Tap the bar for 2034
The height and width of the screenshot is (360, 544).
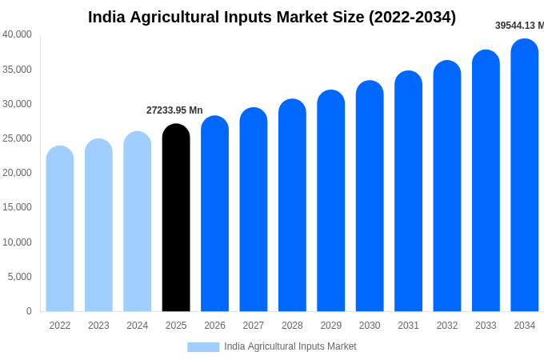525,175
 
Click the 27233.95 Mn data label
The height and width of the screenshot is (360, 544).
174,110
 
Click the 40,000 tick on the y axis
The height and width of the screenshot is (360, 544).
17,34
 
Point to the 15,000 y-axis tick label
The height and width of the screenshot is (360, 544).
17,207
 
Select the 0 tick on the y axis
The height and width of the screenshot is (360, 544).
29,311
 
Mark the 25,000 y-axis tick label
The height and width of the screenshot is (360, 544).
17,138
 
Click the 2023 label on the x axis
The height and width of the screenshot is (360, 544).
98,326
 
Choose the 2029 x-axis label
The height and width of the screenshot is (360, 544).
331,326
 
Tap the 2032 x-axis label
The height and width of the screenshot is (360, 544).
447,326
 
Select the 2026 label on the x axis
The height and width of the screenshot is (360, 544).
214,326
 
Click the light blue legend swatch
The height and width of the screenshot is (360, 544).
203,346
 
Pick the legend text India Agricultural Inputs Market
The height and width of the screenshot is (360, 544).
290,346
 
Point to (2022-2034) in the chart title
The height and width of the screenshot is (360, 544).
412,17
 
